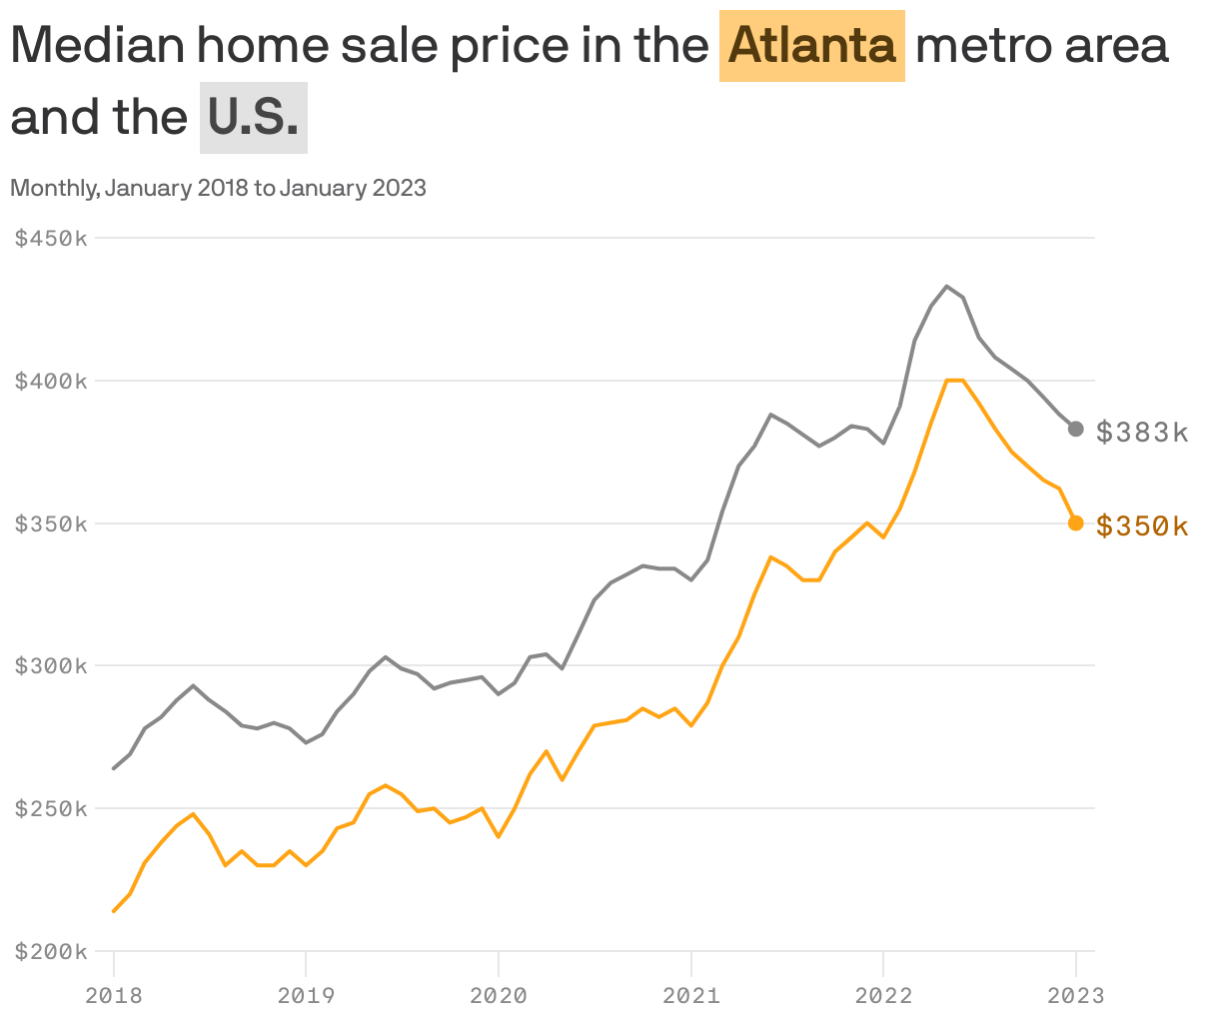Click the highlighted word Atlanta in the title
coord(811,46)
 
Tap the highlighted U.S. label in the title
coord(254,117)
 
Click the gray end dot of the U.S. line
coord(1075,429)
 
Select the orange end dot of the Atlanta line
coord(1075,522)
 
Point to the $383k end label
coord(1142,433)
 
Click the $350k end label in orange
coord(1142,525)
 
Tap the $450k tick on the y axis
coord(51,238)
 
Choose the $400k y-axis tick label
coord(51,381)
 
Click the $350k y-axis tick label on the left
coord(51,524)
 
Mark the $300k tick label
coord(51,665)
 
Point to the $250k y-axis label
coord(51,808)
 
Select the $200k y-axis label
coord(51,951)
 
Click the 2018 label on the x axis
coord(114,995)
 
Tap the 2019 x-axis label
coord(306,995)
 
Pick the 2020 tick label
coord(499,995)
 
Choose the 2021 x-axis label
coord(691,995)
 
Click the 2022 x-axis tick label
coord(883,995)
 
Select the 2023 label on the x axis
coord(1076,995)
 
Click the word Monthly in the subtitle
coord(56,189)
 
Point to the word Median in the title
coord(98,46)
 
